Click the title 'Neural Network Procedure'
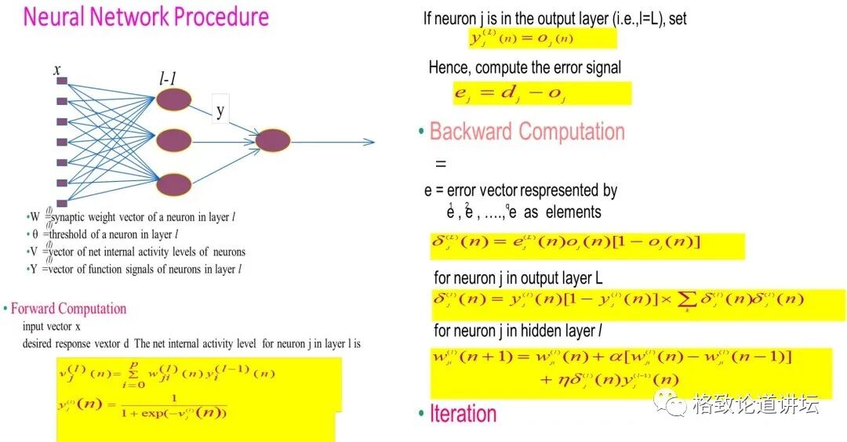coord(146,17)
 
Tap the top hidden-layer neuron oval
coord(173,99)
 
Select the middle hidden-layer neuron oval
coord(173,141)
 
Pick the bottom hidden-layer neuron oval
coord(173,185)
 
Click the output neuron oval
coord(273,140)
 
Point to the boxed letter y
coord(220,110)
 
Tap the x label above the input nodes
coord(57,71)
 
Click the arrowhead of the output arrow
coord(370,142)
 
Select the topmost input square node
coord(61,81)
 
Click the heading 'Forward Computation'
coord(68,309)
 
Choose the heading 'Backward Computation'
coord(527,132)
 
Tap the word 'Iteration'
coord(463,414)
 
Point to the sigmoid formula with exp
coord(141,406)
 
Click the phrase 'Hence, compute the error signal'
coord(525,68)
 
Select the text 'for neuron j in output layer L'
coord(518,278)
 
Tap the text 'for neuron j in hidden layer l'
coord(518,331)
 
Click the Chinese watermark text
coord(755,404)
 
